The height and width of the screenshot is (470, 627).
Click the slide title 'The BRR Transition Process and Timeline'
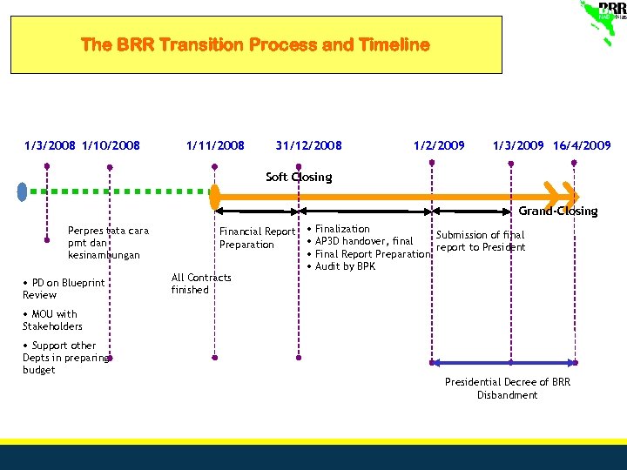tap(255, 44)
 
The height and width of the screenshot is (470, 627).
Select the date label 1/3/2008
tap(51, 145)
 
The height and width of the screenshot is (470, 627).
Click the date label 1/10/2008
tap(111, 145)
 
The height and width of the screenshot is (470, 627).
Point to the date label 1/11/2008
tap(215, 145)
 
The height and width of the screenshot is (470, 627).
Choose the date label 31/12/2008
tap(308, 145)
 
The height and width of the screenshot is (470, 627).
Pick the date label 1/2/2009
tap(439, 145)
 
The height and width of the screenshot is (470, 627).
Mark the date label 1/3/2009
tap(519, 145)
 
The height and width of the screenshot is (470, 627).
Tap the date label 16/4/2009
tap(582, 145)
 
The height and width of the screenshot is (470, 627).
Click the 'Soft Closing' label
tap(299, 178)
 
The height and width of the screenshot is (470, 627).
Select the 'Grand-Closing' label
tap(558, 211)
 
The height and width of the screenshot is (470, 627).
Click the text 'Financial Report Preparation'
tap(257, 238)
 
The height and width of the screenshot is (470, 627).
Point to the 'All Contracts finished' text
tap(201, 284)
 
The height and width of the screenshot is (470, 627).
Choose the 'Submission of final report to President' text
tap(481, 241)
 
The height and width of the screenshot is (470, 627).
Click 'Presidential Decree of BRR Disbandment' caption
tap(507, 388)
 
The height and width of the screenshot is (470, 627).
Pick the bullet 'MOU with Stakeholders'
tap(52, 320)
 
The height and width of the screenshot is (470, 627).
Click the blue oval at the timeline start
tap(24, 190)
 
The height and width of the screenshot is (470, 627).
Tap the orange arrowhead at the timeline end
tap(563, 191)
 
